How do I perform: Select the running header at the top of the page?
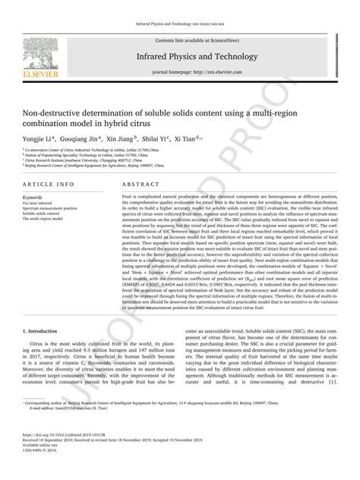(x=179, y=5)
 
